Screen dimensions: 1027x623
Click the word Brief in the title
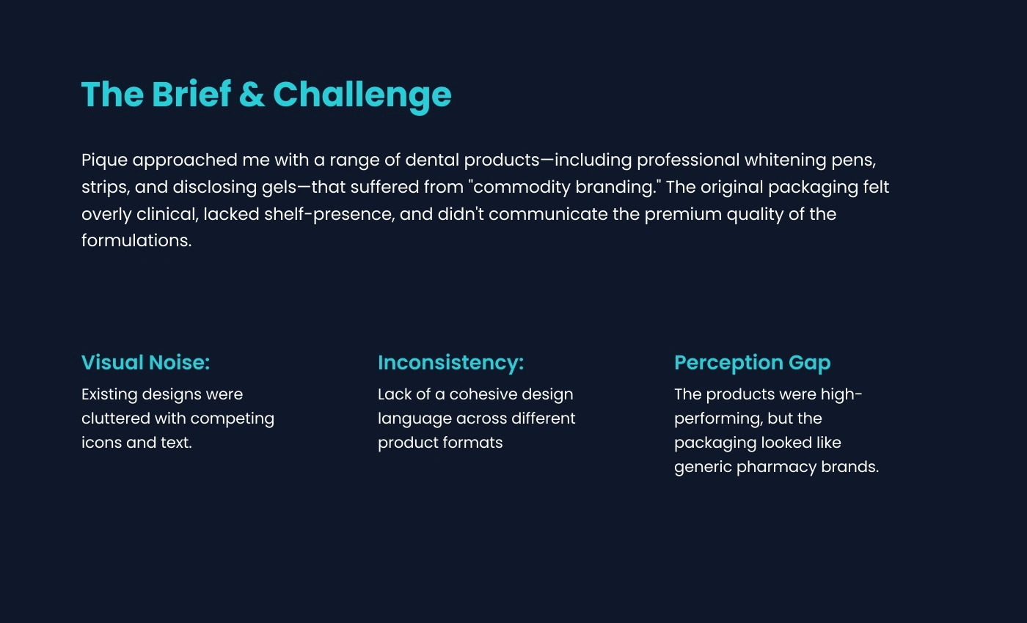(x=191, y=95)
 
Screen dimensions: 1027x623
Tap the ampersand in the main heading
(x=252, y=95)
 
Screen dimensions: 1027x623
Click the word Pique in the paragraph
(x=104, y=161)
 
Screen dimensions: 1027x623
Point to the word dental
(x=432, y=160)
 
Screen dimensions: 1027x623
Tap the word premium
(x=683, y=215)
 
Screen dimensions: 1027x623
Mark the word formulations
(x=136, y=240)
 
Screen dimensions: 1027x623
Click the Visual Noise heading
(x=146, y=362)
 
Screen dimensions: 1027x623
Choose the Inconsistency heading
(x=450, y=364)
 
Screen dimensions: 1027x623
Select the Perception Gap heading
(x=753, y=364)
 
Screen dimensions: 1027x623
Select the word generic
(x=703, y=468)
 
